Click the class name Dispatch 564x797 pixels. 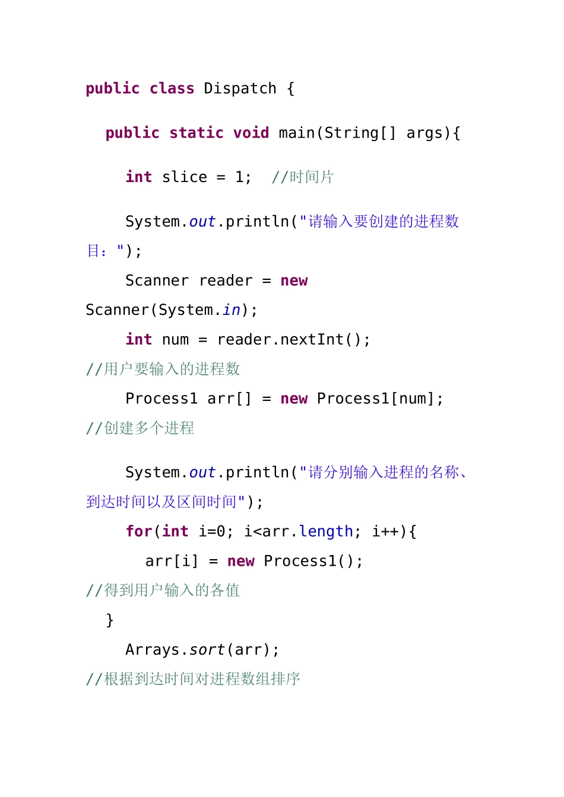click(x=240, y=89)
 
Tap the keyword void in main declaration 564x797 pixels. click(x=251, y=133)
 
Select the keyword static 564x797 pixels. click(x=196, y=133)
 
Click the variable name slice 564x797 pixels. click(x=185, y=177)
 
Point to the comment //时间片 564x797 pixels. click(x=303, y=177)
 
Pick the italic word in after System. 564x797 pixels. click(x=232, y=310)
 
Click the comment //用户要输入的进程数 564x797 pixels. click(x=163, y=369)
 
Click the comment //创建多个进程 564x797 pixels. click(x=140, y=428)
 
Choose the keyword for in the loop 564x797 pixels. click(x=139, y=531)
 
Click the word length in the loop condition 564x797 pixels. click(x=326, y=531)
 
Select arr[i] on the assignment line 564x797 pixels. click(x=172, y=561)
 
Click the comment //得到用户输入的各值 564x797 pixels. click(x=163, y=591)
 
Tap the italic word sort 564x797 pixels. click(x=207, y=650)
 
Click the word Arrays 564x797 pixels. click(x=153, y=650)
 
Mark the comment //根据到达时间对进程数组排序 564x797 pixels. click(x=194, y=679)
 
